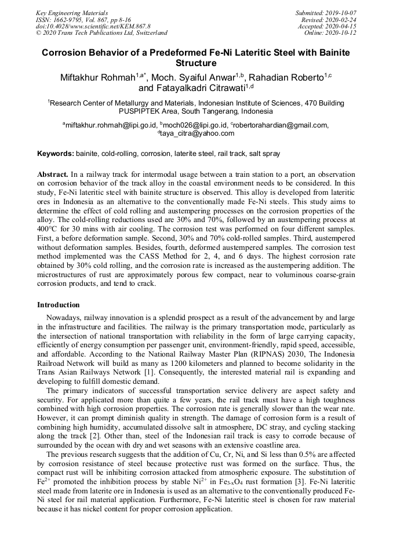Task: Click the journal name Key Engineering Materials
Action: point(72,12)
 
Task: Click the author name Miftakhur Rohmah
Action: point(97,78)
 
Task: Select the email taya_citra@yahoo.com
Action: point(197,133)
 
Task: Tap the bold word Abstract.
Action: point(53,175)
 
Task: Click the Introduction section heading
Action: point(58,305)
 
